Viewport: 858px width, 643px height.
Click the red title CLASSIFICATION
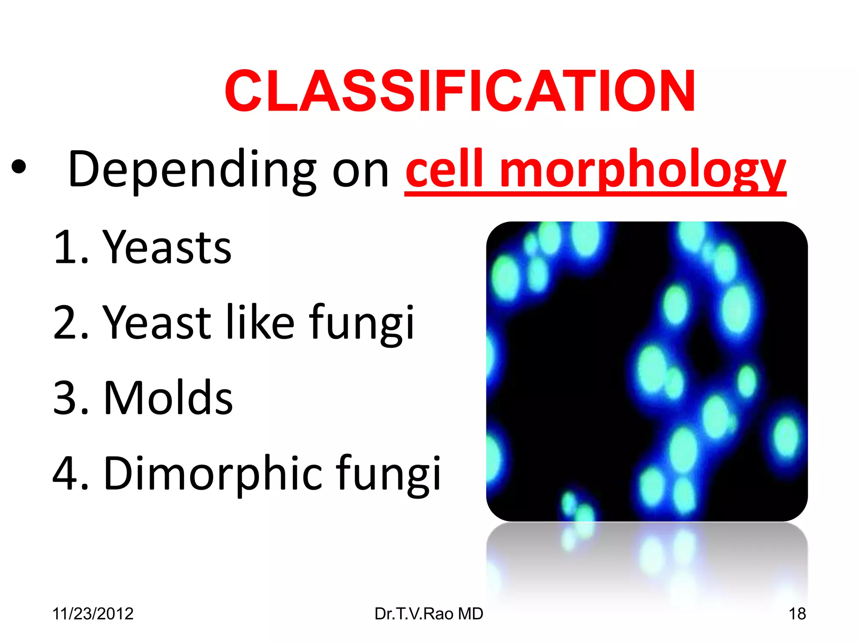(x=460, y=91)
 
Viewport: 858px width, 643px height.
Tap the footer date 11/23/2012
(x=93, y=614)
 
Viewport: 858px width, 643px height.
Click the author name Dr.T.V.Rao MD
(x=429, y=614)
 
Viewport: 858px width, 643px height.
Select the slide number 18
(x=797, y=614)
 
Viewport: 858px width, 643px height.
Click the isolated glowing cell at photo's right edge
(x=786, y=437)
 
